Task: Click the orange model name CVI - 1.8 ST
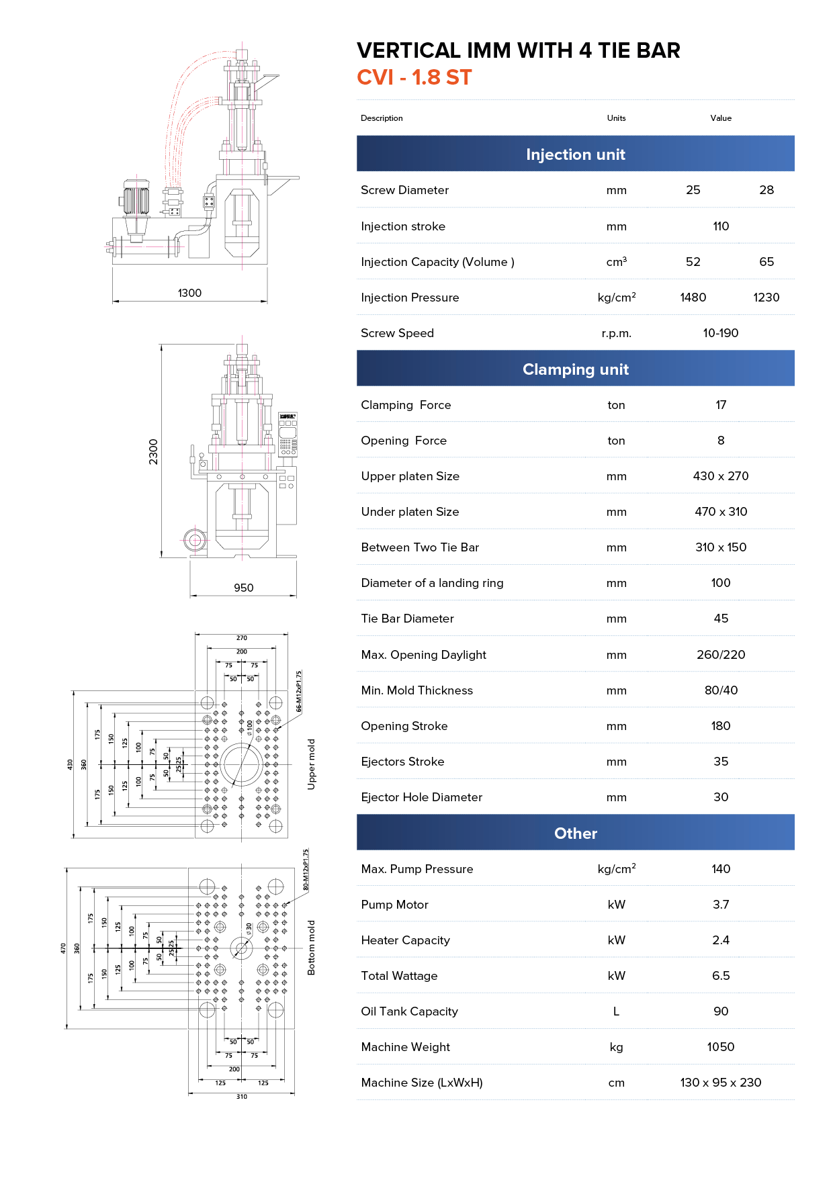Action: (x=414, y=77)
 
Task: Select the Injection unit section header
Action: (x=575, y=154)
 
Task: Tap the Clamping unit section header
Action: (x=575, y=369)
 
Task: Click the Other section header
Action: (x=575, y=833)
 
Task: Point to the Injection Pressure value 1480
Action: (x=693, y=298)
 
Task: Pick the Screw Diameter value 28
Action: (x=766, y=190)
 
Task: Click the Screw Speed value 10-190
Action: (x=720, y=333)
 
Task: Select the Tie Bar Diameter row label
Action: (x=407, y=619)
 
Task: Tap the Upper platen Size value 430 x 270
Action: (x=720, y=476)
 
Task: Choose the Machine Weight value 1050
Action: (x=720, y=1047)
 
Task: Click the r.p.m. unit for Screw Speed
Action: (x=616, y=333)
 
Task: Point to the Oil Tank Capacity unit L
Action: (x=616, y=1011)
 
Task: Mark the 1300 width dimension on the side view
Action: (x=189, y=293)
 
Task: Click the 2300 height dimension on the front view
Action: (x=153, y=451)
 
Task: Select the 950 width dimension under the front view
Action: (x=243, y=588)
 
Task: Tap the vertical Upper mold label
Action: (x=311, y=764)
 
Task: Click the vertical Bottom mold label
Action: (x=311, y=948)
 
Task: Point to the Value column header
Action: (x=720, y=118)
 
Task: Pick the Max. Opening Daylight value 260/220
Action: (x=720, y=655)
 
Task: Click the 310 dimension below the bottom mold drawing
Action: (x=241, y=1097)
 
